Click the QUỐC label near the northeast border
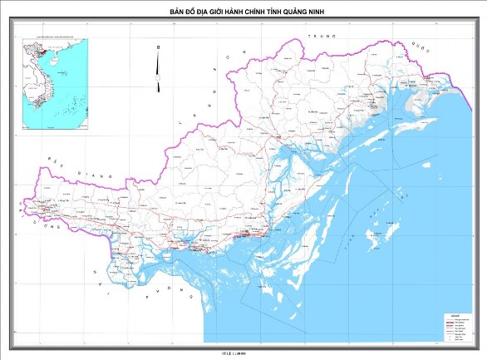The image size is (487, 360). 421,48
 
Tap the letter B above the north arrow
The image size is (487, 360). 158,50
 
